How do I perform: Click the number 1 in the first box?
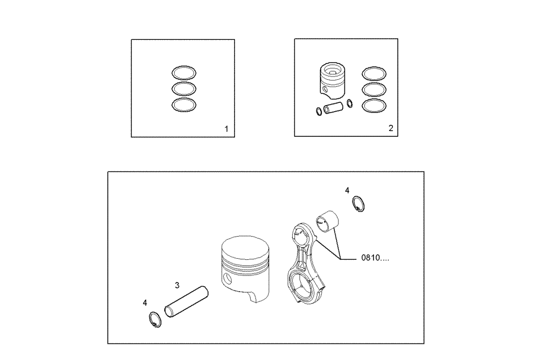[x=226, y=129]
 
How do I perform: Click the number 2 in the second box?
[x=391, y=128]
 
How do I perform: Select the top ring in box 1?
[x=184, y=72]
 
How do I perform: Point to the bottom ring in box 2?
[x=374, y=106]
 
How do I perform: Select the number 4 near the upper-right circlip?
[x=347, y=190]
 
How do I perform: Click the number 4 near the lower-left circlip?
[x=145, y=303]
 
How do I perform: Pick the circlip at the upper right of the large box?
[x=358, y=204]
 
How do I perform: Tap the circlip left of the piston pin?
[x=153, y=320]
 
